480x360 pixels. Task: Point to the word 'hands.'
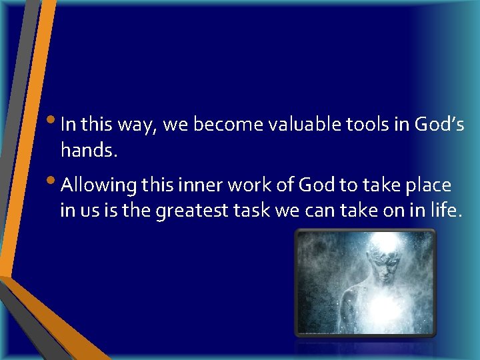(89, 151)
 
